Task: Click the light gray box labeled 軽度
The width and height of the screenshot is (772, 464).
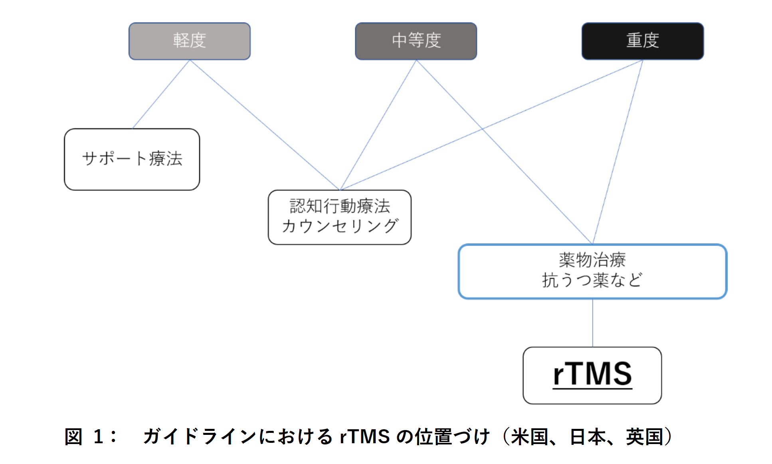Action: pyautogui.click(x=189, y=41)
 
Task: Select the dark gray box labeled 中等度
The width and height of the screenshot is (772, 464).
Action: pyautogui.click(x=416, y=41)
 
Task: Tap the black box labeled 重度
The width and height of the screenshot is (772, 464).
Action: pyautogui.click(x=642, y=41)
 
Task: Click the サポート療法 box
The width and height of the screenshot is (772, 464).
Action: pyautogui.click(x=132, y=159)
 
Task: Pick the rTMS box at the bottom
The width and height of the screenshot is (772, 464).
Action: pyautogui.click(x=592, y=375)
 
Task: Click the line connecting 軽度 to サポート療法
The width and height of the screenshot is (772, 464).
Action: pyautogui.click(x=161, y=94)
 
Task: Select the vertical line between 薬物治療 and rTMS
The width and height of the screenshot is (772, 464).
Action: pyautogui.click(x=593, y=323)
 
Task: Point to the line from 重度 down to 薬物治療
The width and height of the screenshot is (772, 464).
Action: pyautogui.click(x=618, y=152)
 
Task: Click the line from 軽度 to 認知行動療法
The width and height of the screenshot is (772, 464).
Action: pyautogui.click(x=264, y=125)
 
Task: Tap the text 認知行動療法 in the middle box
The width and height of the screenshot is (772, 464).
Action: pyautogui.click(x=340, y=206)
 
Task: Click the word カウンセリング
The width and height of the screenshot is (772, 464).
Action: pyautogui.click(x=340, y=226)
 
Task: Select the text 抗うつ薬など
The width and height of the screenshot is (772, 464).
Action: pyautogui.click(x=592, y=280)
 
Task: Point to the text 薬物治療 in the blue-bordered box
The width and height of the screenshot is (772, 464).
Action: pyautogui.click(x=592, y=260)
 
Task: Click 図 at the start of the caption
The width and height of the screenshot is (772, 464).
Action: pyautogui.click(x=73, y=436)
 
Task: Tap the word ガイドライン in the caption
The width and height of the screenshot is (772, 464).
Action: pyautogui.click(x=199, y=436)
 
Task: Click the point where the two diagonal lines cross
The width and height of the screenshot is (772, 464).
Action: pyautogui.click(x=482, y=129)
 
